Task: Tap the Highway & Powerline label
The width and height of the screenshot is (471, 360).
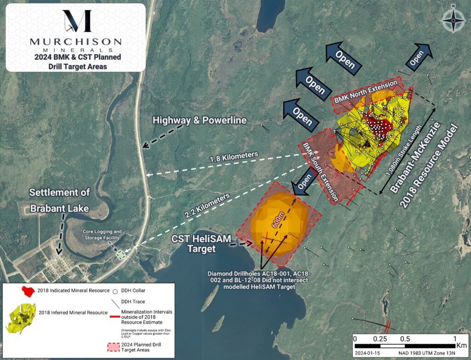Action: pos(200,121)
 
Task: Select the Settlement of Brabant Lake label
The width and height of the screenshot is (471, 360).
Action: pos(60,200)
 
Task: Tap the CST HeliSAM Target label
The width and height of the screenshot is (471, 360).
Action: pos(201,244)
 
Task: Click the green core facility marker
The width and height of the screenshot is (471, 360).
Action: pos(121,254)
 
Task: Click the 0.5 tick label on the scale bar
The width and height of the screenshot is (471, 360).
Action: pos(405,339)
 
